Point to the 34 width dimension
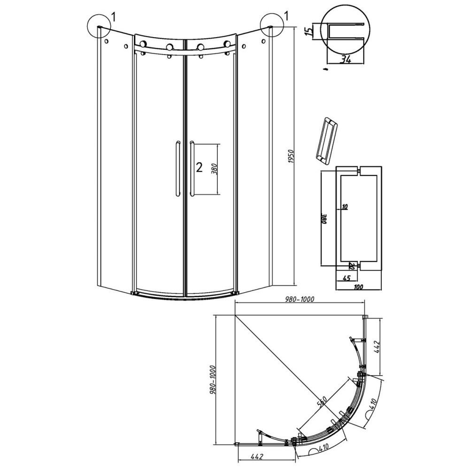pyautogui.click(x=346, y=59)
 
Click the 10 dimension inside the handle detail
pyautogui.click(x=345, y=207)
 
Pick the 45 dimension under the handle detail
pyautogui.click(x=346, y=278)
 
